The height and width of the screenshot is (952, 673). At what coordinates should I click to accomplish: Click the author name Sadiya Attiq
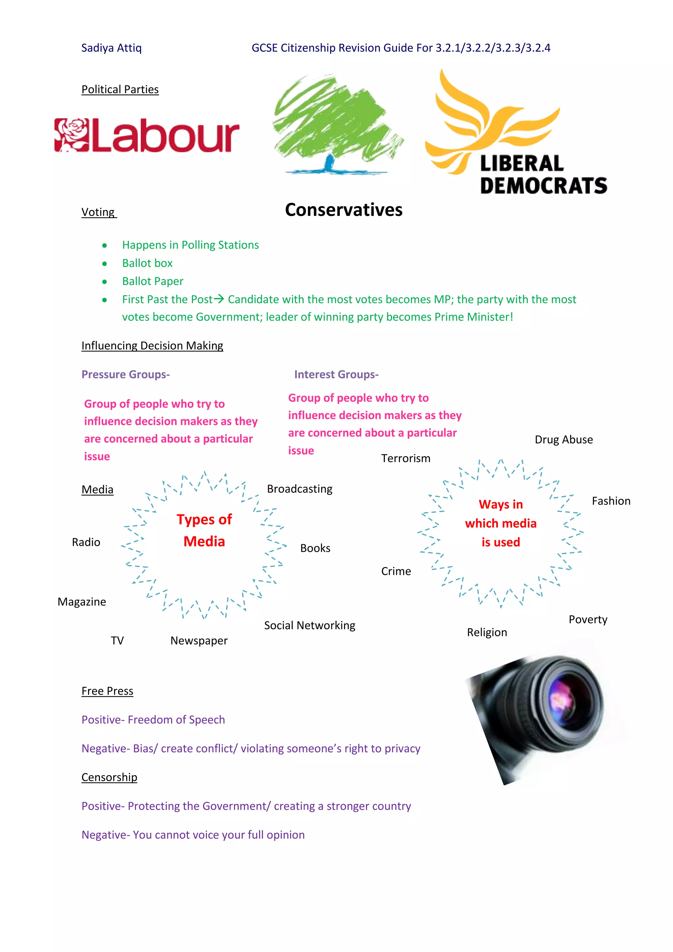coord(111,48)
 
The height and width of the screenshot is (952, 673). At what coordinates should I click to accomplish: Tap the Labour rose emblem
coord(71,135)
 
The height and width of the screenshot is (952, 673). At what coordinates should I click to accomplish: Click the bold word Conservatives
coord(343,210)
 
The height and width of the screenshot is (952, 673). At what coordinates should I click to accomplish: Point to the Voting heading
coord(98,212)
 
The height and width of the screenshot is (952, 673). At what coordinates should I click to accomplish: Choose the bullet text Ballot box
coord(147,263)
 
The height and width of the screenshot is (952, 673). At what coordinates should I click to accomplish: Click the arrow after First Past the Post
coord(219,299)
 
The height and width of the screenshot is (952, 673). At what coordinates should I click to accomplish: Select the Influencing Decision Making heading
coord(152,346)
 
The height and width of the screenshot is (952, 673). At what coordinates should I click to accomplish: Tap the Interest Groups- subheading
coord(336,374)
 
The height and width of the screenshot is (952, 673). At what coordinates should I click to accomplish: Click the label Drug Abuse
coord(564,440)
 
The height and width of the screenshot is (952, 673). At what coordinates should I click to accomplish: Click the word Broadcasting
coord(300,489)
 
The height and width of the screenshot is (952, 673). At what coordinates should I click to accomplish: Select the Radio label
coord(86,542)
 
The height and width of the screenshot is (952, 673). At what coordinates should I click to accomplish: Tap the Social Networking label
coord(310,625)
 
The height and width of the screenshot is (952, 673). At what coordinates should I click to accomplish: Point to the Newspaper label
coord(199,641)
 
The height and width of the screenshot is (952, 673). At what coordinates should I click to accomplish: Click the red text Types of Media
coord(204,530)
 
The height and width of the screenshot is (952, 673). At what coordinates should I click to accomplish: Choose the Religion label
coord(487,632)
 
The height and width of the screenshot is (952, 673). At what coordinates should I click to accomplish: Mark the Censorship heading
coord(109,777)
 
